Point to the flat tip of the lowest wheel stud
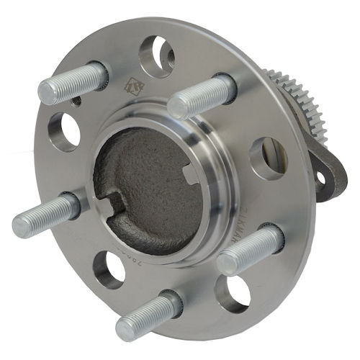tap(127, 328)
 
